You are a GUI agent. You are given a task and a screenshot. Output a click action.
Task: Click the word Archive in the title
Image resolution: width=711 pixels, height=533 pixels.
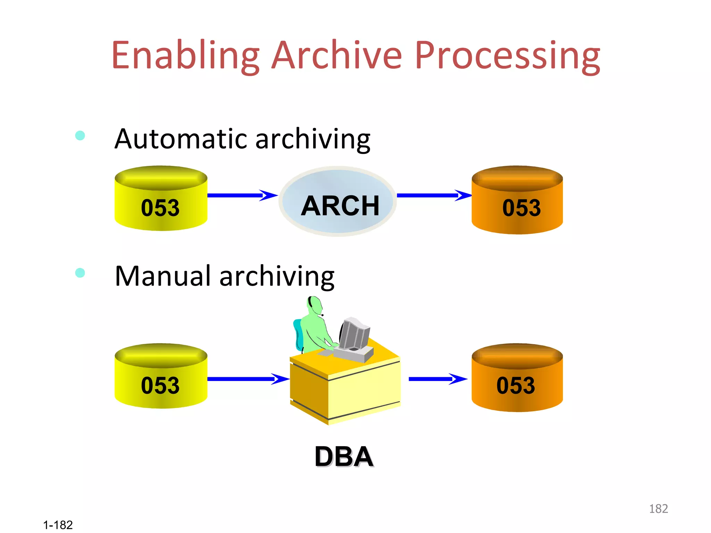click(336, 56)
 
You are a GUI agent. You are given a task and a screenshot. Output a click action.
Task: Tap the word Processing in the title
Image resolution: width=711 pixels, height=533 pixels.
click(507, 56)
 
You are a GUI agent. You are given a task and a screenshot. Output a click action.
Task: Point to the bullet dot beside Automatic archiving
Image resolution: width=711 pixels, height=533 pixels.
click(80, 135)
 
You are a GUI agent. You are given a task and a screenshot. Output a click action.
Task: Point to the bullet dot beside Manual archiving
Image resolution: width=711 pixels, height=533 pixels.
click(80, 273)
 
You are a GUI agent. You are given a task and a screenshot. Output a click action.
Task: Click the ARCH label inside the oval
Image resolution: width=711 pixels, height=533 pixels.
click(340, 205)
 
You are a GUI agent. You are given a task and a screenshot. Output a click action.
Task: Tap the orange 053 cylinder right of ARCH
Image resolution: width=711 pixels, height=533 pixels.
click(517, 201)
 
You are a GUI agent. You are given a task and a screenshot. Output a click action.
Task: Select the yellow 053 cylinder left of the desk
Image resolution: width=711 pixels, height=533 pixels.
click(161, 377)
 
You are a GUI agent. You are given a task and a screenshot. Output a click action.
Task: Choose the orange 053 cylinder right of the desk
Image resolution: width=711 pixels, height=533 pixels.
click(517, 378)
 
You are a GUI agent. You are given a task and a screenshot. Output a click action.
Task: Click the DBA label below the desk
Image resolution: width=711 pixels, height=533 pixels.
click(344, 457)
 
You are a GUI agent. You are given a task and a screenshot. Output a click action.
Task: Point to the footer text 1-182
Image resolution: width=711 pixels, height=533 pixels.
click(58, 525)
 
